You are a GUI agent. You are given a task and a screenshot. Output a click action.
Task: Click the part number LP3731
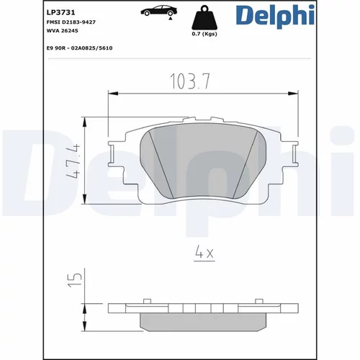pos(60,12)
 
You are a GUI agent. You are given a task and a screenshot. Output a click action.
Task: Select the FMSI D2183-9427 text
pos(71,22)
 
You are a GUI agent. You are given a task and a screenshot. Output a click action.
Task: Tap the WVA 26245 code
pos(62,31)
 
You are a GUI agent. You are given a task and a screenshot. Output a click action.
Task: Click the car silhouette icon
pos(159,11)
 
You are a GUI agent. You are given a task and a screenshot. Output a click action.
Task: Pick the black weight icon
pos(204,18)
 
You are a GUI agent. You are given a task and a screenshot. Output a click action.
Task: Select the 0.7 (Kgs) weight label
pos(204,34)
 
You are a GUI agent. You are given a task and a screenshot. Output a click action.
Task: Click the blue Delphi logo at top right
pos(275,15)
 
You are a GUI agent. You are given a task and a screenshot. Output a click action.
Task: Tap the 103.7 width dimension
pos(190,81)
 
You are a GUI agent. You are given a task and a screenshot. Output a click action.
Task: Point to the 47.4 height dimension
pos(73,161)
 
